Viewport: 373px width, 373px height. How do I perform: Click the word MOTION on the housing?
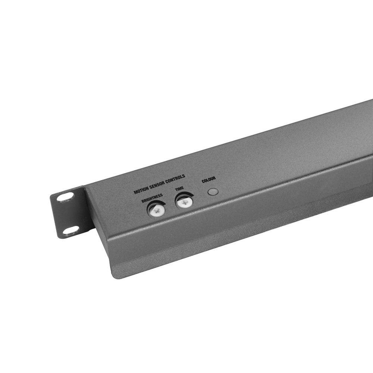click(141, 191)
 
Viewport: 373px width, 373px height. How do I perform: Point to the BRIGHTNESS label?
click(152, 198)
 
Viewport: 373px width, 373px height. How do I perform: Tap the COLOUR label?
click(209, 180)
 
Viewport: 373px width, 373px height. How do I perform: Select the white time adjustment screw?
click(184, 203)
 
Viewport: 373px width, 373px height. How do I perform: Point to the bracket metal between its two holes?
click(68, 214)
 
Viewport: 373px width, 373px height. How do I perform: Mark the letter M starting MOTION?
click(135, 193)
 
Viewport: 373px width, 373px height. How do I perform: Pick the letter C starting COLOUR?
click(203, 181)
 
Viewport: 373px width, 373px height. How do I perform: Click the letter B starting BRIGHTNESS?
click(143, 202)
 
